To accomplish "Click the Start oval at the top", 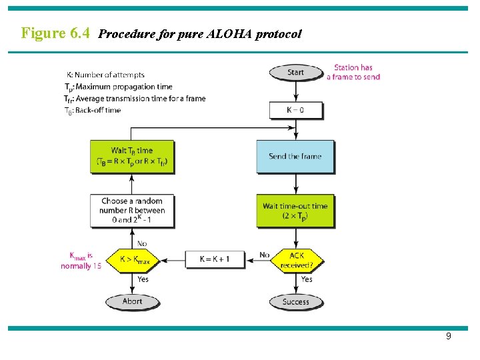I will point(295,72).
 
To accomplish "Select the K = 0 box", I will point(295,109).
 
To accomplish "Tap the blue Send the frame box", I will point(295,157).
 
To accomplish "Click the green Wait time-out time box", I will point(295,211).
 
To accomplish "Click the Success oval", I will point(295,301).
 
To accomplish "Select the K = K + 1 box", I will point(215,259).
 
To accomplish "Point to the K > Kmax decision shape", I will point(132,259).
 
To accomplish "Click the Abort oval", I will point(132,301).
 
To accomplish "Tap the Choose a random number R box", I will point(133,210).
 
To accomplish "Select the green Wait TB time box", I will point(132,156).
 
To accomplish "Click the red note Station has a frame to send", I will point(353,72).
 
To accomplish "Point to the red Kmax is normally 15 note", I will point(81,260).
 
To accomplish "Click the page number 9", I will point(448,337).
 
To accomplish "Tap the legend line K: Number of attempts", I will point(105,75).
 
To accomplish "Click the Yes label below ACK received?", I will point(306,279).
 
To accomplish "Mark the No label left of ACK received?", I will point(264,255).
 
